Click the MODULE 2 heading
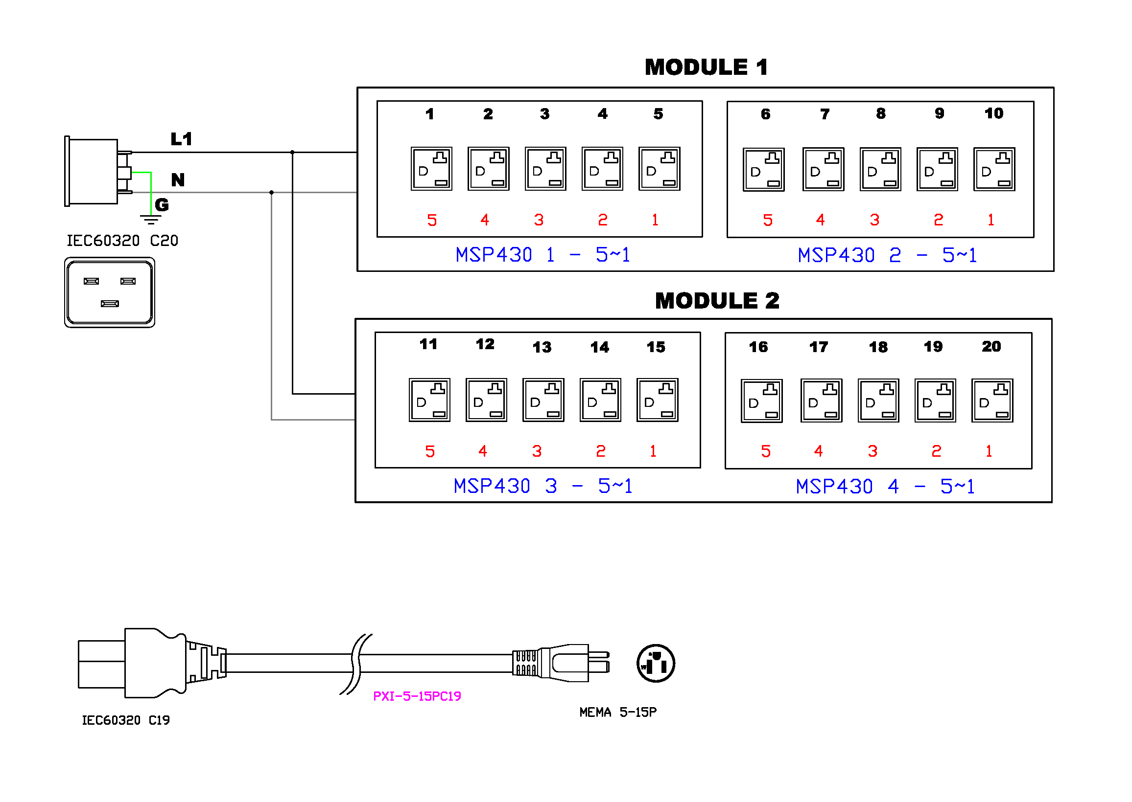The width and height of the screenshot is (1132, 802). pyautogui.click(x=717, y=301)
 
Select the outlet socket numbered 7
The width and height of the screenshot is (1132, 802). pyautogui.click(x=823, y=169)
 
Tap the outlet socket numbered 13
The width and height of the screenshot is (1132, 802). pyautogui.click(x=543, y=400)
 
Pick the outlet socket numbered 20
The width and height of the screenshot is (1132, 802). pyautogui.click(x=992, y=401)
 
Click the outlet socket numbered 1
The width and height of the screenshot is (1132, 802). pyautogui.click(x=431, y=168)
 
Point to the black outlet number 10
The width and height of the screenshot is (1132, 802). pyautogui.click(x=993, y=113)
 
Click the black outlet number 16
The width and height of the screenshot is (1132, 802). pyautogui.click(x=758, y=347)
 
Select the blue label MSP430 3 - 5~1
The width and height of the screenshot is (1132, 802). pyautogui.click(x=542, y=487)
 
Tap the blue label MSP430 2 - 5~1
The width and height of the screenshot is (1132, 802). pyautogui.click(x=887, y=255)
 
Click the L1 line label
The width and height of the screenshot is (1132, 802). pyautogui.click(x=181, y=139)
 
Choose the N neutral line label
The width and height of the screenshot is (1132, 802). pyautogui.click(x=178, y=180)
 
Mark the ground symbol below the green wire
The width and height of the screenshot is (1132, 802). pyautogui.click(x=151, y=220)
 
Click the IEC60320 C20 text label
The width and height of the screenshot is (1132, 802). pyautogui.click(x=122, y=241)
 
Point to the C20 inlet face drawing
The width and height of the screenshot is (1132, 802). pyautogui.click(x=110, y=292)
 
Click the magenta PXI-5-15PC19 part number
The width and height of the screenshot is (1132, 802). pyautogui.click(x=417, y=696)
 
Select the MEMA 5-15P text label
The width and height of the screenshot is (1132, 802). pyautogui.click(x=618, y=712)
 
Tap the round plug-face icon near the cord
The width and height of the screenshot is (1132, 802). pyautogui.click(x=656, y=663)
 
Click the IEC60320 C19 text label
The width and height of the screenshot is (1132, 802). pyautogui.click(x=125, y=720)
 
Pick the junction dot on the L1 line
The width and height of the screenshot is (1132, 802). pyautogui.click(x=292, y=152)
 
